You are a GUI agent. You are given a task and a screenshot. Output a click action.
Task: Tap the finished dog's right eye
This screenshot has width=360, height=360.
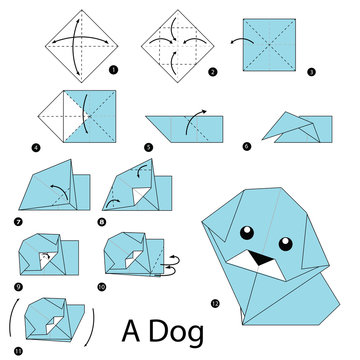pos(281,242)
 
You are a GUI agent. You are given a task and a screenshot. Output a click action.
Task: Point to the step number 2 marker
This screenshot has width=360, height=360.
pos(212,73)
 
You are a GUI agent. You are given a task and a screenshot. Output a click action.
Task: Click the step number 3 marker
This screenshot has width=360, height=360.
pos(311,73)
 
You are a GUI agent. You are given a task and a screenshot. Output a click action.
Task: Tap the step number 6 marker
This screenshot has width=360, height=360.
pos(247,147)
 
